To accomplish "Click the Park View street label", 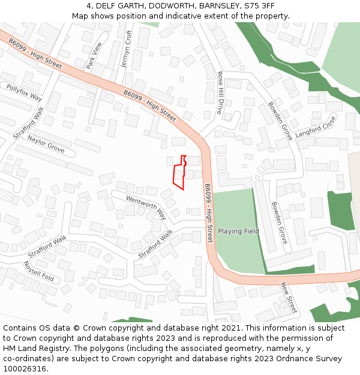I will click(x=95, y=55).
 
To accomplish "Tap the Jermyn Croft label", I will click(x=126, y=49).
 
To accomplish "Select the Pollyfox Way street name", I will click(x=24, y=92).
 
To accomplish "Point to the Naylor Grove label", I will click(x=46, y=144).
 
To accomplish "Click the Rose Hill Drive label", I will click(x=220, y=92).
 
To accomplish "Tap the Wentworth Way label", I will click(x=146, y=207).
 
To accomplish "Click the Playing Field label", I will click(x=238, y=231).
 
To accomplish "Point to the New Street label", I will click(x=289, y=298).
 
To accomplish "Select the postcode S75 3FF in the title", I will click(x=259, y=6).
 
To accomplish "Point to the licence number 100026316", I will click(x=25, y=369).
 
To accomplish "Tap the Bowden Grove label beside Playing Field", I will click(x=280, y=222).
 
